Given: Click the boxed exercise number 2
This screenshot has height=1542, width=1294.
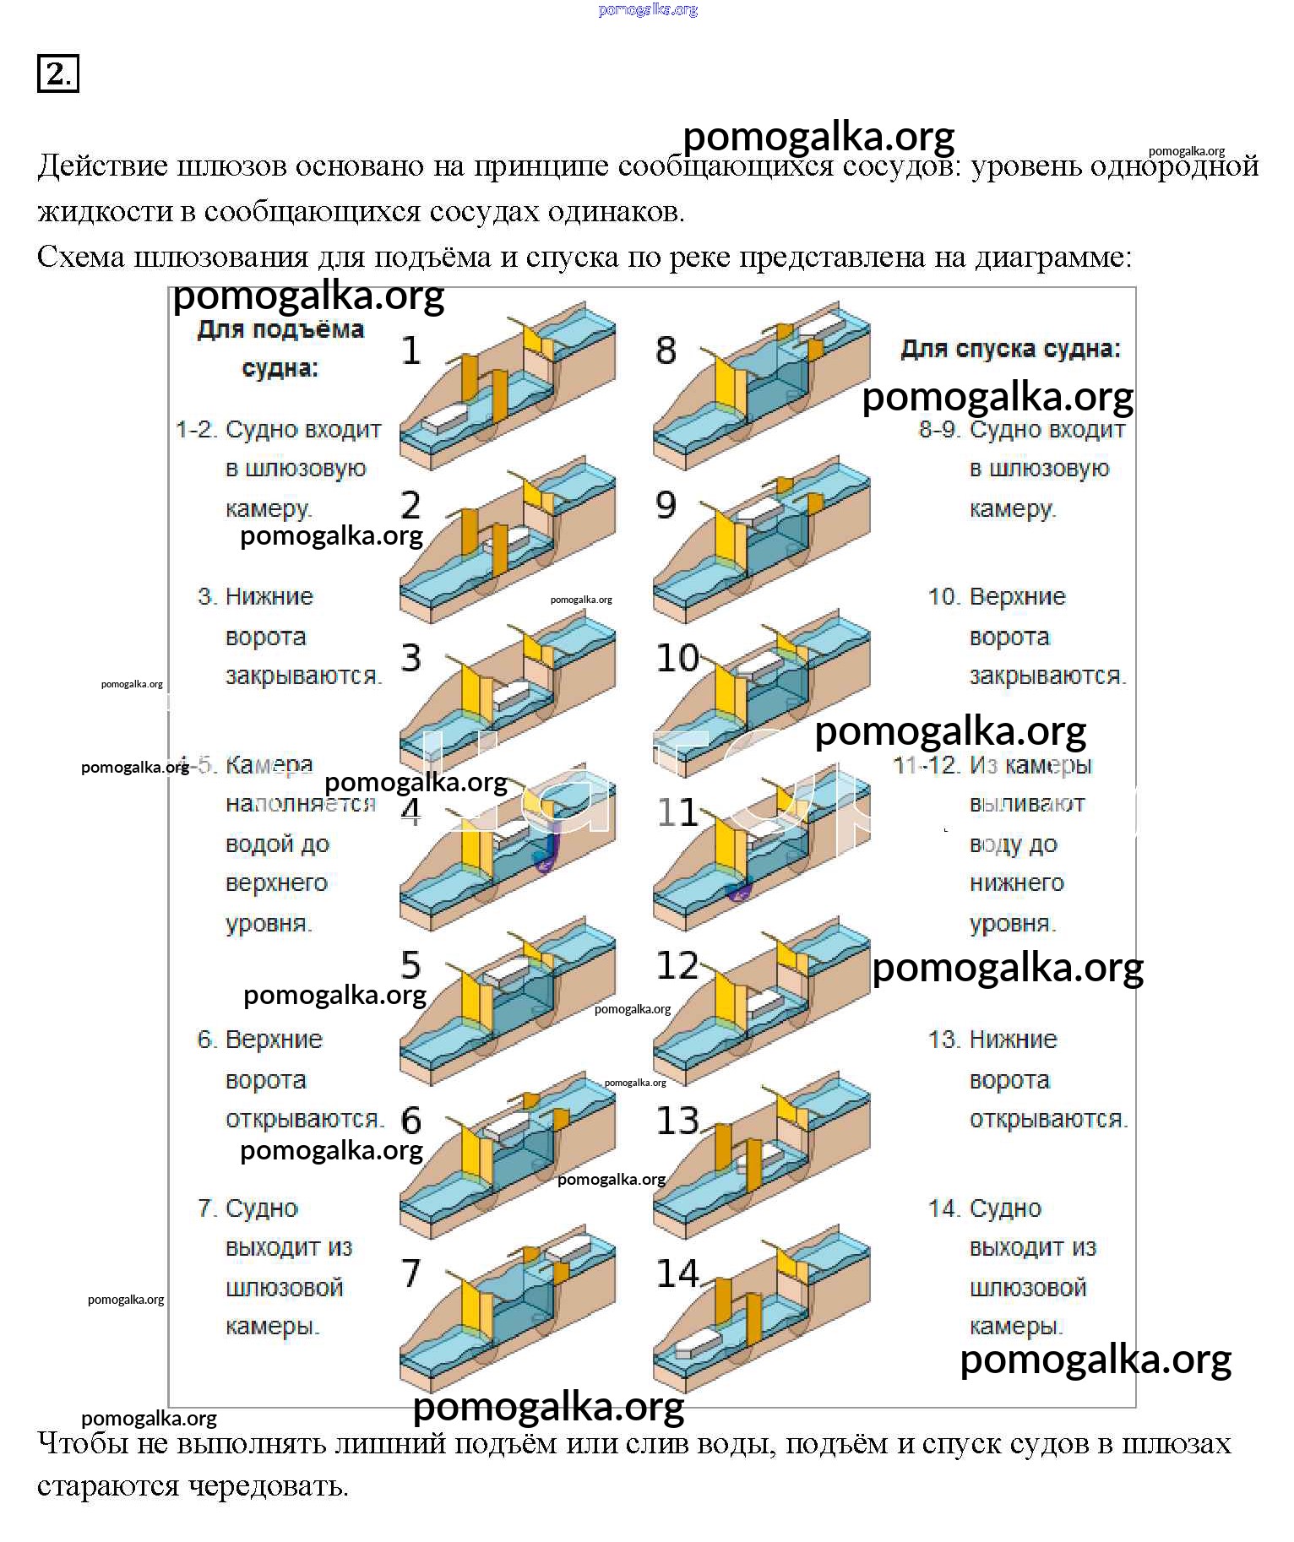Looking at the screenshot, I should point(57,73).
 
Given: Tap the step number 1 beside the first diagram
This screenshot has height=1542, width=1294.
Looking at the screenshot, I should point(411,350).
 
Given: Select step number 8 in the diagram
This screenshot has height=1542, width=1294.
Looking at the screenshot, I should point(666,350).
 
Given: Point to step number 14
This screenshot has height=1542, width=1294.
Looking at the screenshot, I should point(677,1273).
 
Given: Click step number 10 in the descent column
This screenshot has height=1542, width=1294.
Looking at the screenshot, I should point(677,658).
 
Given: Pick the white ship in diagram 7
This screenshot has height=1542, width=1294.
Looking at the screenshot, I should point(568,1249).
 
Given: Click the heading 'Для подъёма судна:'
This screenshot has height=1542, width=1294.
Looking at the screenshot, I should point(280,349).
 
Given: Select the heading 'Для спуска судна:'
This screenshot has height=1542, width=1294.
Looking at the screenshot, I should point(1011,349).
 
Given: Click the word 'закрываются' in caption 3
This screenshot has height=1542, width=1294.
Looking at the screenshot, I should point(303,676).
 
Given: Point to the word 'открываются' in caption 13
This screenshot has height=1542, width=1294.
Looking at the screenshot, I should point(1047,1120).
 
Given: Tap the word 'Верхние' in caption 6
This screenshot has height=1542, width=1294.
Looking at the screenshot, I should point(274,1040).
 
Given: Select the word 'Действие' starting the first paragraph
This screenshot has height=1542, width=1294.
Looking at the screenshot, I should point(103,166).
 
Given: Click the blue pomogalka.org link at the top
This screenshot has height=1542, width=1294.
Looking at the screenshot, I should point(648,10).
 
